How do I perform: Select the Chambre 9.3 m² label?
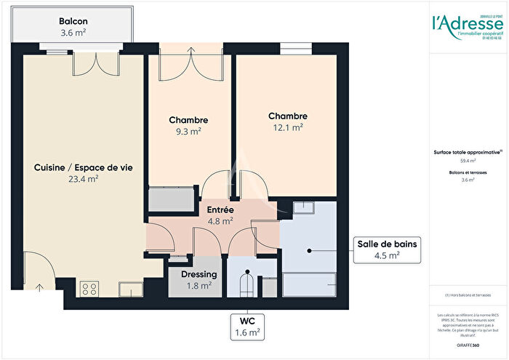188,125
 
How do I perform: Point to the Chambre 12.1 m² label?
287,121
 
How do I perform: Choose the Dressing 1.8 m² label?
199,280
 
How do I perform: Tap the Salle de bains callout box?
386,249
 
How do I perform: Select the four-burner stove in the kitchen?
90,289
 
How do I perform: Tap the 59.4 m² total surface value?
468,161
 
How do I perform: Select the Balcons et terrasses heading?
468,172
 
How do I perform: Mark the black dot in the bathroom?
309,250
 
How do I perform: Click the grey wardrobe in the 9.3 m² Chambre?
172,199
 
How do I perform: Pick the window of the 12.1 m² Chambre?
294,50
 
